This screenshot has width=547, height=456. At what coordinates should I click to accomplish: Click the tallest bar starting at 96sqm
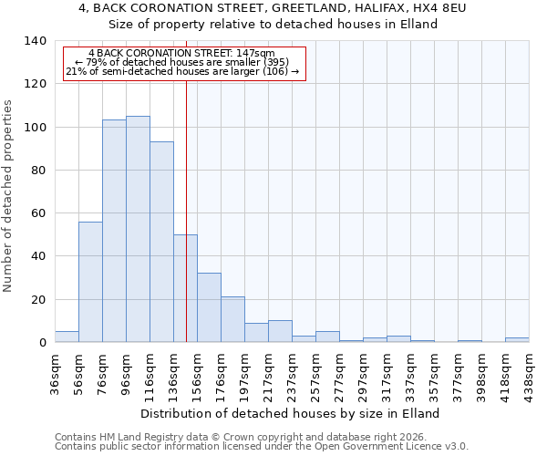[138, 229]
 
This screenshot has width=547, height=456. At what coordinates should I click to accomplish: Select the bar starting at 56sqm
[90, 282]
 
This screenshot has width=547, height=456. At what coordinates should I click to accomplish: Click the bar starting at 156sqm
[209, 307]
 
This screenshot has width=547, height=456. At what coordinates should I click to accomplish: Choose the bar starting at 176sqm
[232, 319]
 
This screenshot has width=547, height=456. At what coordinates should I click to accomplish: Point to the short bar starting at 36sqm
[67, 337]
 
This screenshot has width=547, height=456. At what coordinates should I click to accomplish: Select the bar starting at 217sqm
[280, 331]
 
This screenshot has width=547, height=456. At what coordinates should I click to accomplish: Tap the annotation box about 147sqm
[182, 63]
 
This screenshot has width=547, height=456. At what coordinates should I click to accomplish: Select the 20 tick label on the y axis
[39, 300]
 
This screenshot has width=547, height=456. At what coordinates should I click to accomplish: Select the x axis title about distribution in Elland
[292, 413]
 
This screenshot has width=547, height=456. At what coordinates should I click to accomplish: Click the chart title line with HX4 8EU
[273, 8]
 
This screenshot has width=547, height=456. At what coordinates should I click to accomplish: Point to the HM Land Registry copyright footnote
[237, 437]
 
